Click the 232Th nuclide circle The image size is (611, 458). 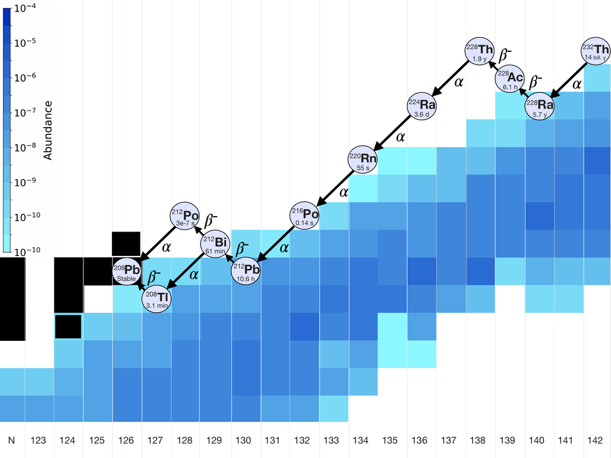(x=596, y=51)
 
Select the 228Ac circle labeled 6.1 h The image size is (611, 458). (x=510, y=78)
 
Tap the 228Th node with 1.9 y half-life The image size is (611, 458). (x=480, y=51)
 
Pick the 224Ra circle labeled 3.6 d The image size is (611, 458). (x=422, y=106)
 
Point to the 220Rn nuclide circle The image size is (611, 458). (x=363, y=159)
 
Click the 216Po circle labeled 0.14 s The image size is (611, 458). (x=304, y=216)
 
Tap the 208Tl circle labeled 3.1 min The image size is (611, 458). (x=156, y=299)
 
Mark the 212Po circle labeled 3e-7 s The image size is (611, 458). (x=185, y=216)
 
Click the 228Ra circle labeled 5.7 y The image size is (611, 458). (x=540, y=106)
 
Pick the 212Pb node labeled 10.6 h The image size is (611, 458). (x=246, y=271)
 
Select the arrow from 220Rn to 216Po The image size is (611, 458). (x=334, y=187)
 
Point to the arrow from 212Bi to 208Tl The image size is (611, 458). (x=186, y=271)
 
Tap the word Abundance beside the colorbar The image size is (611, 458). (x=48, y=130)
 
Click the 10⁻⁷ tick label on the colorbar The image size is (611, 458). (x=25, y=112)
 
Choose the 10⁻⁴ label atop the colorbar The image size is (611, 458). (x=25, y=8)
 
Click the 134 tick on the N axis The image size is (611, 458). (x=360, y=440)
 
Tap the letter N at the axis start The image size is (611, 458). (x=12, y=440)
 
